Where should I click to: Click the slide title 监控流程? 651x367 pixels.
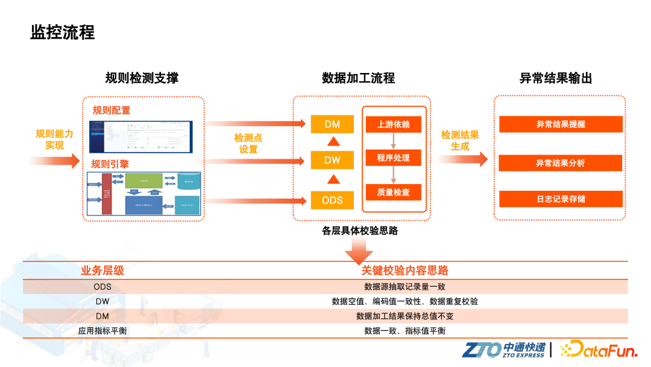click(x=63, y=32)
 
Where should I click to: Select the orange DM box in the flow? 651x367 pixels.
click(x=332, y=124)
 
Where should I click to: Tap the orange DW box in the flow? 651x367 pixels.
click(x=332, y=160)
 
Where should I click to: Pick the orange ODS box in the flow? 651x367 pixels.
click(x=332, y=200)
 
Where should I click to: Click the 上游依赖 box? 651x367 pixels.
click(x=393, y=124)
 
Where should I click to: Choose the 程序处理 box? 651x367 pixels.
click(x=393, y=158)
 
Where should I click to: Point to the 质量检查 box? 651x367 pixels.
click(x=393, y=192)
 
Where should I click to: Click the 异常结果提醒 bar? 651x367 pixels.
click(x=561, y=124)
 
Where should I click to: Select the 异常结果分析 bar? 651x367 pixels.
click(x=561, y=163)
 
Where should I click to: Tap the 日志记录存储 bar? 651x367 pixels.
click(x=561, y=199)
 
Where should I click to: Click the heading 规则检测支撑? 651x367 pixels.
click(x=142, y=78)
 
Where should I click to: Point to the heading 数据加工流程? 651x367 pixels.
click(x=358, y=78)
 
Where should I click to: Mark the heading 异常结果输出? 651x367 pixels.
click(x=556, y=78)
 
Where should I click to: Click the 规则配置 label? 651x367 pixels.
click(x=111, y=110)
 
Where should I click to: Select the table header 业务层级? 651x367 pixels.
click(x=102, y=271)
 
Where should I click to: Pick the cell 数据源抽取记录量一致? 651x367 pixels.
click(x=404, y=287)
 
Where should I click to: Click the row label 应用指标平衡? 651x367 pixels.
click(x=102, y=331)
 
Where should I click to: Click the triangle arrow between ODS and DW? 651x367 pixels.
click(x=332, y=179)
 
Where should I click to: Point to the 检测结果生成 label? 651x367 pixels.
click(x=460, y=141)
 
